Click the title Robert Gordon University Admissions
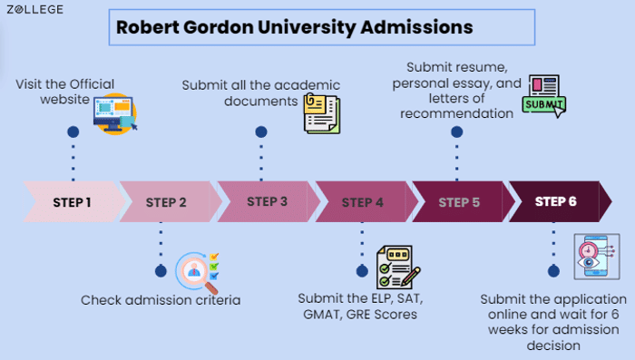click(294, 27)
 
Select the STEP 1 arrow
click(73, 201)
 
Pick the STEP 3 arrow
click(267, 201)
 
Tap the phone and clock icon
click(595, 257)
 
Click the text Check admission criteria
click(161, 299)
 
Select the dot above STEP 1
click(73, 132)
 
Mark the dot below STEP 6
click(553, 270)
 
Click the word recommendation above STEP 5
click(457, 113)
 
